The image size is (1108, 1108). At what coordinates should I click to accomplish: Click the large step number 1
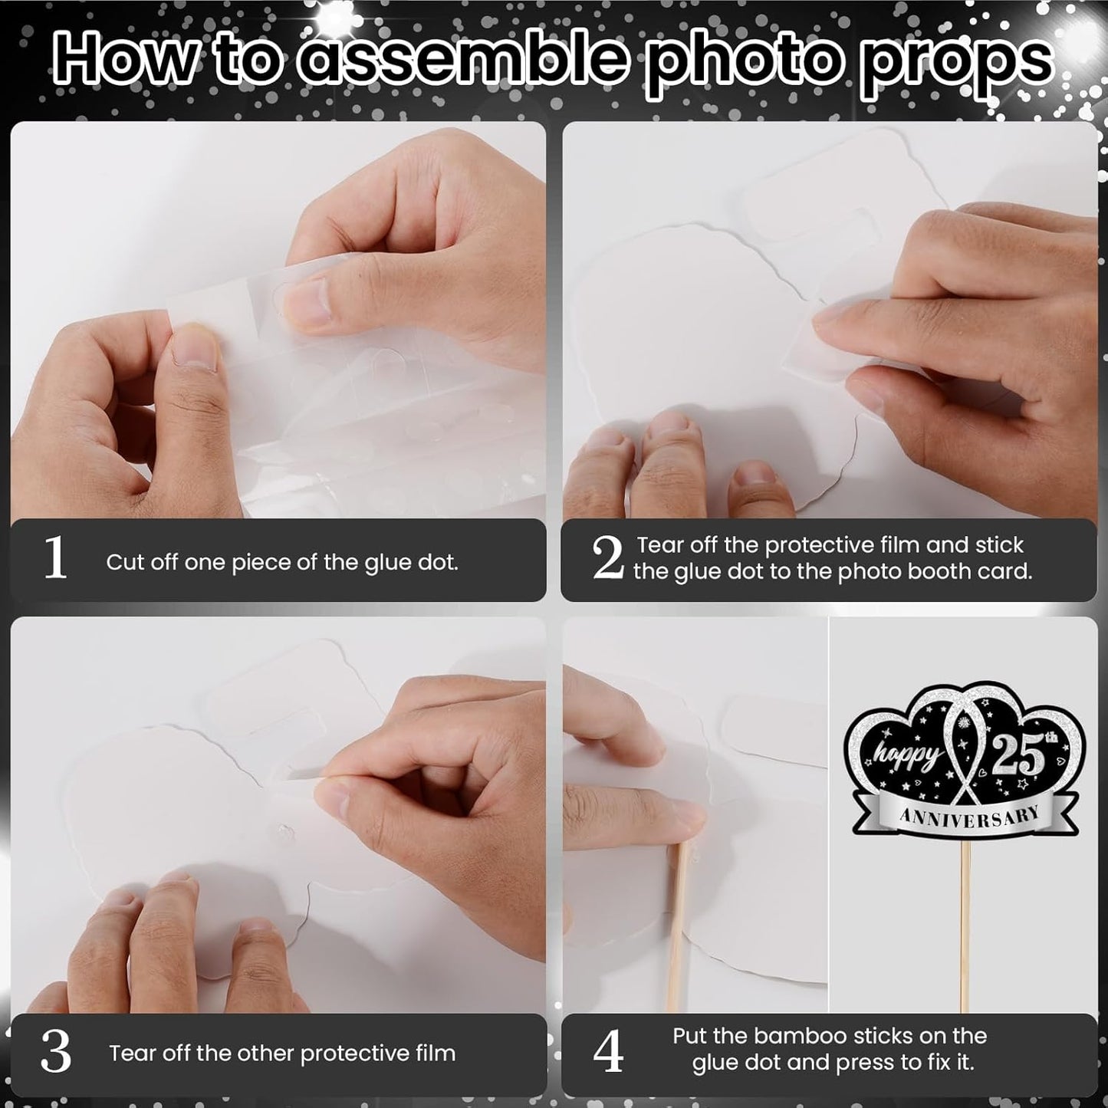[56, 557]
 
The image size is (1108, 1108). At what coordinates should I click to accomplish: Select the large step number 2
[608, 557]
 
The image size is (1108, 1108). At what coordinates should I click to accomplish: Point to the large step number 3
[56, 1052]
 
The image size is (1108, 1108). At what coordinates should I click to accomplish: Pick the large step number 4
[608, 1051]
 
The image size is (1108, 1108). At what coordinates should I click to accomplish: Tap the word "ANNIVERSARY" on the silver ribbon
[970, 816]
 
